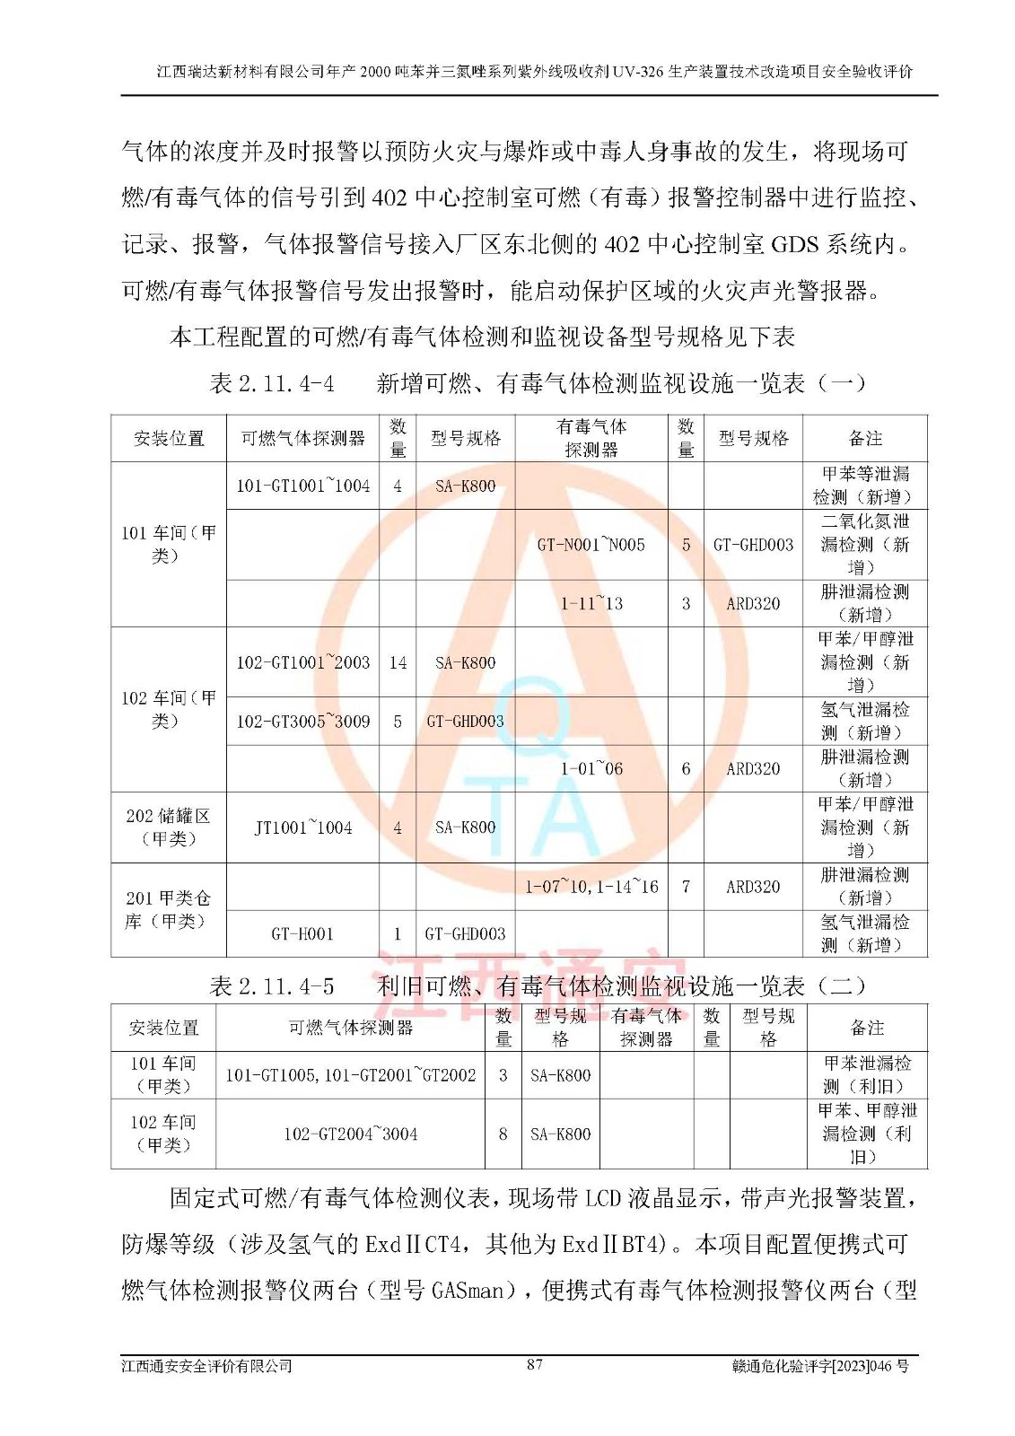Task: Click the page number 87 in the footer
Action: (x=534, y=1364)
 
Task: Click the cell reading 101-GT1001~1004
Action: (x=302, y=486)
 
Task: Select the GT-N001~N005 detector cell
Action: (x=591, y=545)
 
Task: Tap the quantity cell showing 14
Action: (x=398, y=662)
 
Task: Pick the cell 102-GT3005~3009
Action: (x=302, y=721)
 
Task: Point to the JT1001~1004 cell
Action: (x=302, y=827)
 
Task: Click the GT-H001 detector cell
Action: (x=302, y=933)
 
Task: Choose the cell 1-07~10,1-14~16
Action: (x=591, y=887)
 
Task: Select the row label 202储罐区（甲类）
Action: (x=168, y=827)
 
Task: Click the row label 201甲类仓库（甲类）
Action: (x=168, y=909)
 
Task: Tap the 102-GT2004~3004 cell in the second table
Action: (x=350, y=1134)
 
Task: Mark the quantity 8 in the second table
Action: (x=503, y=1134)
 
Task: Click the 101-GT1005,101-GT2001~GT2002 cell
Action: (x=350, y=1074)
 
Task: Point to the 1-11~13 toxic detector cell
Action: (x=591, y=603)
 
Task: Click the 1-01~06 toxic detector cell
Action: (x=591, y=768)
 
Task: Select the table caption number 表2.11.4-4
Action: (x=272, y=384)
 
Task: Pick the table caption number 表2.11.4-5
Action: (x=272, y=986)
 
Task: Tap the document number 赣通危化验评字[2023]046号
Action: (x=820, y=1366)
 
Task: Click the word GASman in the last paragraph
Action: (x=468, y=1291)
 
